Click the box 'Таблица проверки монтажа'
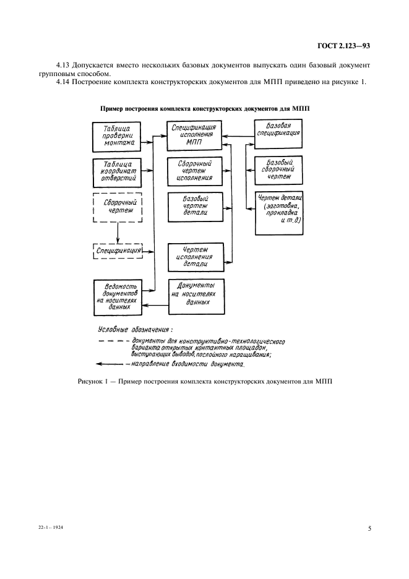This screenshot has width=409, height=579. point(116,137)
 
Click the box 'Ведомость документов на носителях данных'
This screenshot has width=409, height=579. point(116,295)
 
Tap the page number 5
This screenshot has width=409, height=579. point(368,528)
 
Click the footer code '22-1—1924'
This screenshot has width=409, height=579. point(50,528)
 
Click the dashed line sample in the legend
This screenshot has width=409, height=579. point(111,341)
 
